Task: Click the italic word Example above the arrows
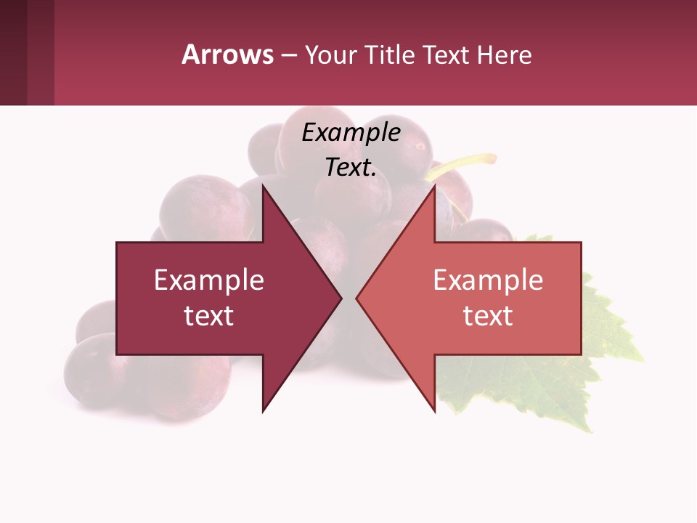(351, 132)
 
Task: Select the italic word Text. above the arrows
(351, 168)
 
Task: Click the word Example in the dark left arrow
(208, 280)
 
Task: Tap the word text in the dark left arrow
(208, 316)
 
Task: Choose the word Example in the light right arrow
(488, 280)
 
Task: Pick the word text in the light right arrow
(488, 316)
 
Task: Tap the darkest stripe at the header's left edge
(13, 52)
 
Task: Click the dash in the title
(288, 56)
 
